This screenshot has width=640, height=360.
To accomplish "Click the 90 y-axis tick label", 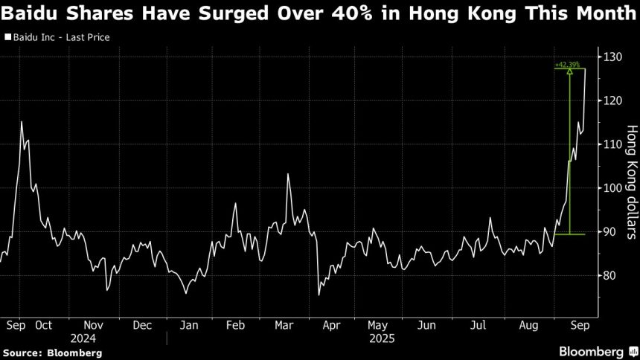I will coord(609,232).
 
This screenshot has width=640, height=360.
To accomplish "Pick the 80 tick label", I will coord(609,275).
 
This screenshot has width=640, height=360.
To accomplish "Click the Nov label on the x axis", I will coord(93,325).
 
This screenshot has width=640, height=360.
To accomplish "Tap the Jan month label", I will coord(189,325).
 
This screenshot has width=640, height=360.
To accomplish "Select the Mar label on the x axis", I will coord(283,325).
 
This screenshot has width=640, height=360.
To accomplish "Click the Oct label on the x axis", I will coord(43,325).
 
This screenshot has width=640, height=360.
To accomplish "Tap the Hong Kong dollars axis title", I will coord(632,181).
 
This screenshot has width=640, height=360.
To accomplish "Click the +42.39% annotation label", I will coord(569,65).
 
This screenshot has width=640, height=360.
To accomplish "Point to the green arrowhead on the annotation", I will coord(569,72).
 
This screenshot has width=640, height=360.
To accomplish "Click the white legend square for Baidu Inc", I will coord(7,36).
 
